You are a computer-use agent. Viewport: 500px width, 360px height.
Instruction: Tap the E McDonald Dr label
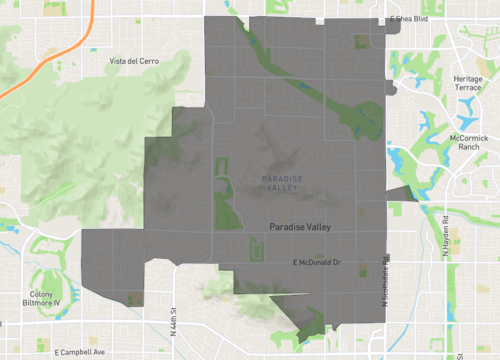(x=317, y=262)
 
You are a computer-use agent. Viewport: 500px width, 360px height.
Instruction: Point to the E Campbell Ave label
(x=72, y=352)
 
